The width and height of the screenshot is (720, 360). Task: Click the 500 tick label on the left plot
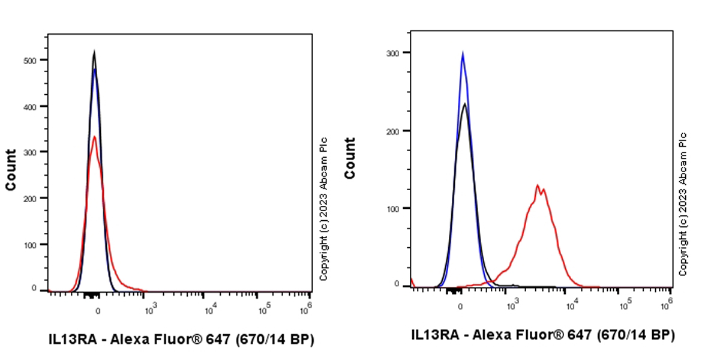36,60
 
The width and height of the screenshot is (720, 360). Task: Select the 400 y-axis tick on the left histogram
36,106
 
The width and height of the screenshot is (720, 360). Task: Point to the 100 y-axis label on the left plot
36,244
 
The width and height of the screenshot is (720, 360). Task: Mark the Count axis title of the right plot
350,158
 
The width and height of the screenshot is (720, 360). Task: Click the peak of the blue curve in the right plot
462,53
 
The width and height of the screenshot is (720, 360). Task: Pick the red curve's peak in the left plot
94,137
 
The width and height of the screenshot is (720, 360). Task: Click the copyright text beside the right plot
683,204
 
